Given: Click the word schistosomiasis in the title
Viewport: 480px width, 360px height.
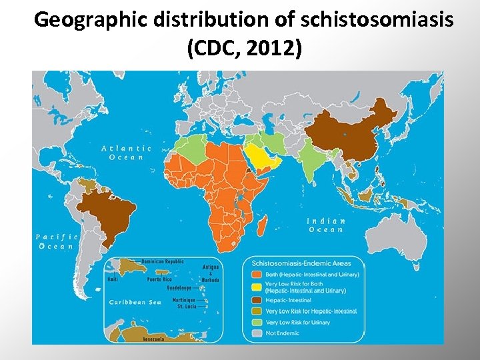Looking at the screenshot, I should pyautogui.click(x=377, y=20).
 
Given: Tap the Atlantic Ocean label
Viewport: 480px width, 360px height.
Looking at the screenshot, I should pyautogui.click(x=127, y=153).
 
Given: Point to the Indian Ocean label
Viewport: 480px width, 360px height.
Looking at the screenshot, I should pyautogui.click(x=327, y=225).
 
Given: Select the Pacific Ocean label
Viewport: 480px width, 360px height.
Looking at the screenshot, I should pyautogui.click(x=57, y=241).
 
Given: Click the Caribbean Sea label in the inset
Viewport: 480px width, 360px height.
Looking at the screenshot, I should pyautogui.click(x=135, y=302).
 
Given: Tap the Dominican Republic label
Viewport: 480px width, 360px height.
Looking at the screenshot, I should pyautogui.click(x=163, y=262).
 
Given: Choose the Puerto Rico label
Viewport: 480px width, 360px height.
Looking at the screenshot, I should pyautogui.click(x=178, y=279).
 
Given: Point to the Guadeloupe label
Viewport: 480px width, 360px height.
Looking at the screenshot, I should pyautogui.click(x=179, y=289).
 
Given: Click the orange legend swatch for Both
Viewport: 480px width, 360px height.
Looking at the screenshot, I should pyautogui.click(x=256, y=274).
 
